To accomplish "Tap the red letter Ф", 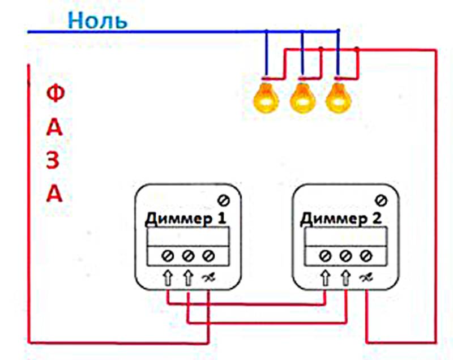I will click(54, 95).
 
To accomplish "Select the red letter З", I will click(54, 161).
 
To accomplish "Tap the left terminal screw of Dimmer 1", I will click(168, 255).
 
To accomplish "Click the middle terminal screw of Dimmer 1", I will click(189, 255).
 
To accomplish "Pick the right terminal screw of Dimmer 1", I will click(209, 255).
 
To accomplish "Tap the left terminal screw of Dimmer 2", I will click(325, 255).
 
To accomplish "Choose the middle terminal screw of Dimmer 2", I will click(345, 255).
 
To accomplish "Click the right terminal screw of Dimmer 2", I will click(366, 255).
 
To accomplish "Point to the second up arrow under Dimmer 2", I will click(345, 278).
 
